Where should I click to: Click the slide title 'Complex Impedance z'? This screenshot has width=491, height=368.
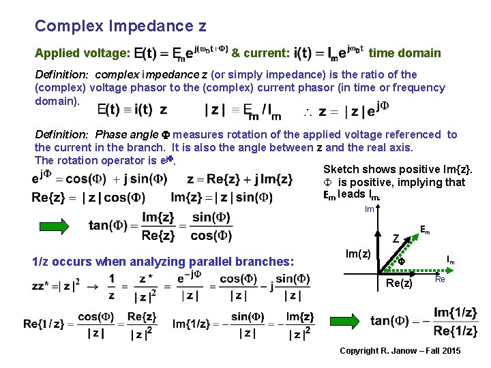(120, 27)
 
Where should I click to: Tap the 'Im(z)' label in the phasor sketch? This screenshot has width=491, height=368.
(358, 254)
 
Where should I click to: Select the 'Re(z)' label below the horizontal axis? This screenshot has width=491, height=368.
(399, 283)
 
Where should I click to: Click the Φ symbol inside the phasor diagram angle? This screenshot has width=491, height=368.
(402, 261)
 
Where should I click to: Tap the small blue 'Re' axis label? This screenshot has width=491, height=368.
(440, 279)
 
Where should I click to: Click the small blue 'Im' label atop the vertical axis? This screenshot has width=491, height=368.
(369, 209)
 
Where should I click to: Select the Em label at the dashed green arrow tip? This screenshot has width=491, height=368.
(424, 230)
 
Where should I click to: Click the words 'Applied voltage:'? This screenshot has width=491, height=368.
(83, 53)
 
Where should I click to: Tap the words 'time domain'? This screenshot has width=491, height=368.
(404, 53)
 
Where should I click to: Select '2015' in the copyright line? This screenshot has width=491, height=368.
(450, 351)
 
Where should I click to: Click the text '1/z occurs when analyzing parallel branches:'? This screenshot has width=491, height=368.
(163, 261)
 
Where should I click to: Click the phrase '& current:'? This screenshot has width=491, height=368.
(261, 53)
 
